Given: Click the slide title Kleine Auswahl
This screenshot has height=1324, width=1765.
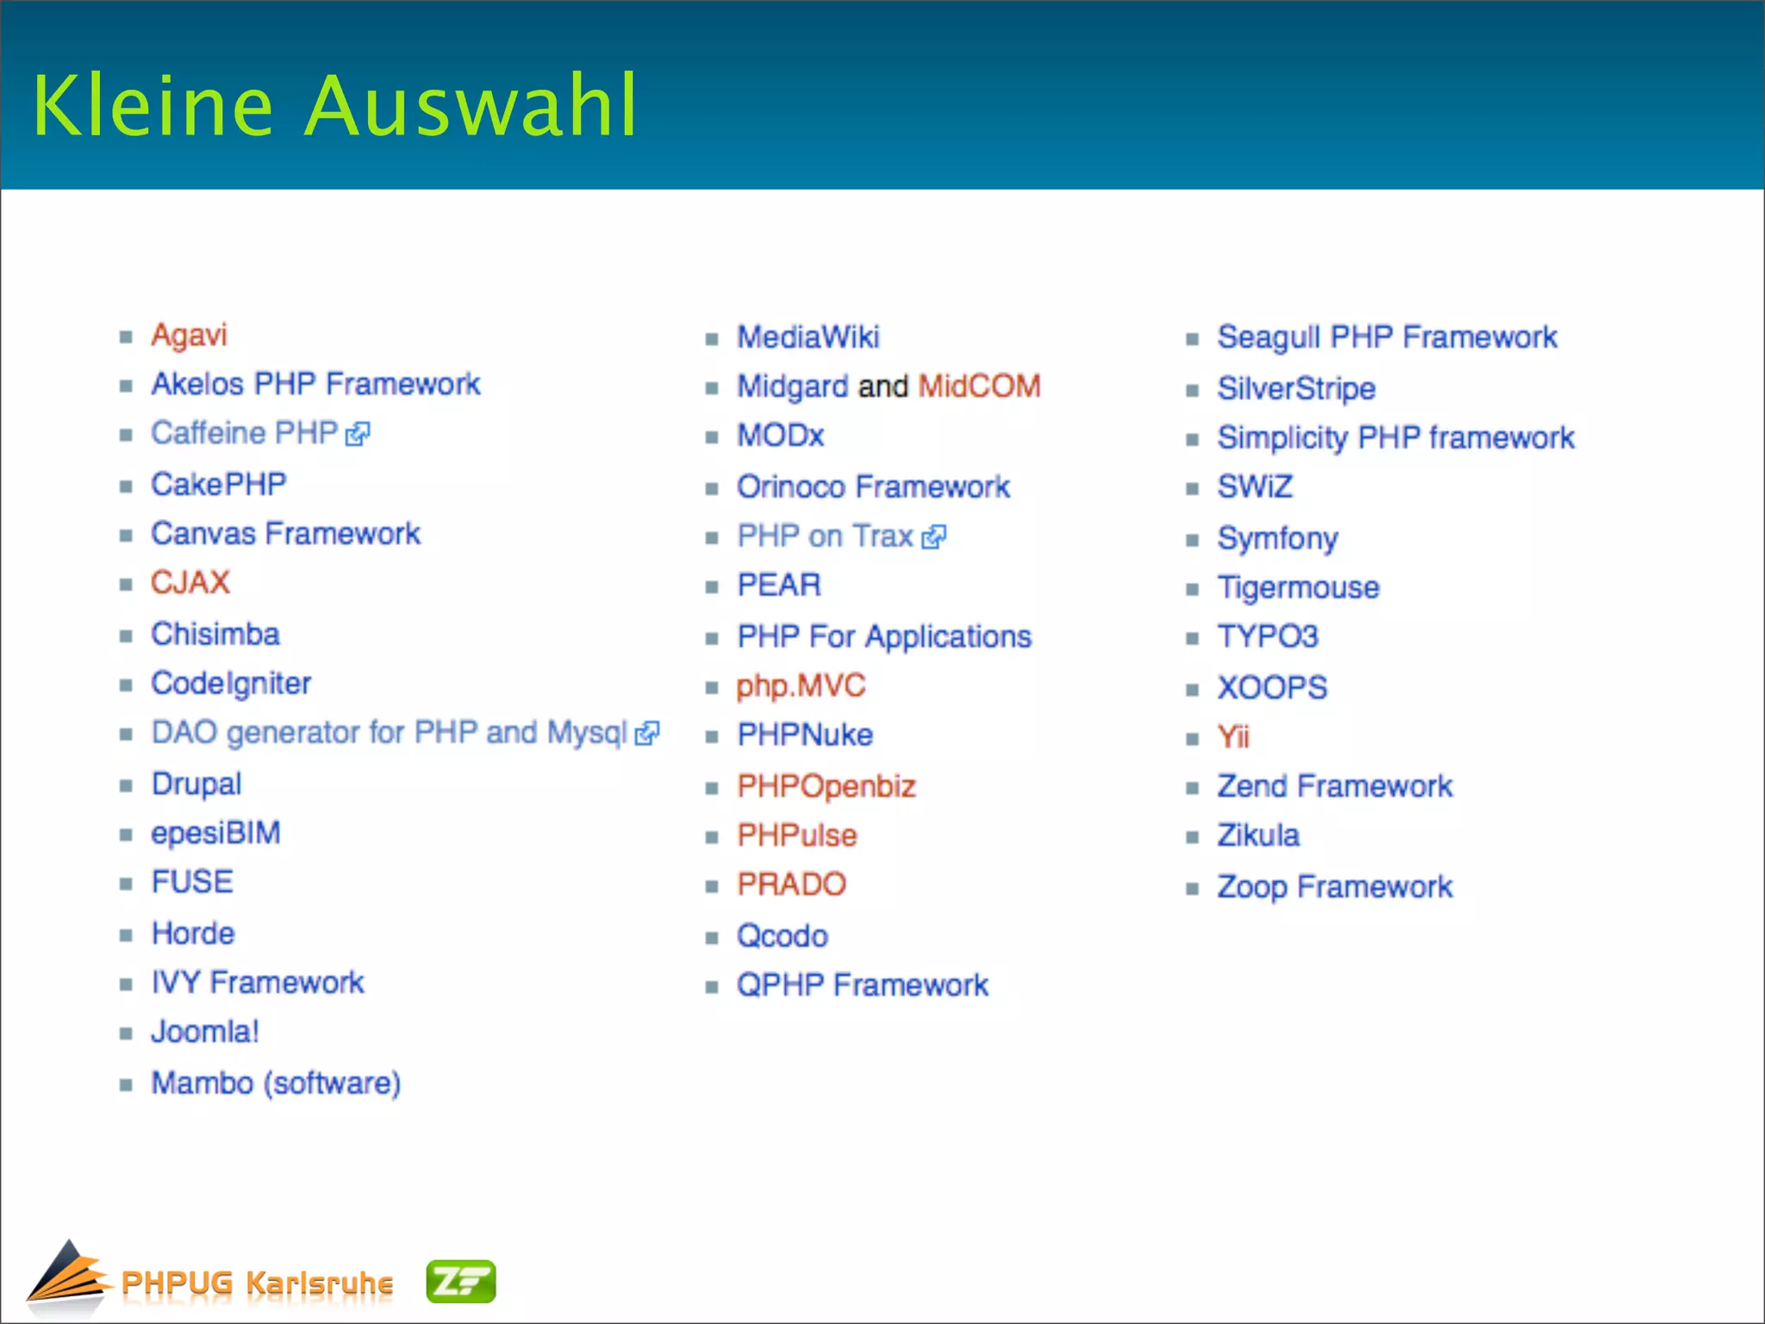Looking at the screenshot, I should tap(334, 106).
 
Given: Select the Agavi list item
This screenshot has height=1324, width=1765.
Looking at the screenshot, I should tap(189, 334).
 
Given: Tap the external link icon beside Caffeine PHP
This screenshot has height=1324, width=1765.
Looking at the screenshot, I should tap(358, 434).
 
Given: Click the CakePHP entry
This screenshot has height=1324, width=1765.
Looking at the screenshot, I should tap(219, 484).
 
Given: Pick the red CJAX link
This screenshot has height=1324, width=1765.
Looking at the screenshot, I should tap(190, 583).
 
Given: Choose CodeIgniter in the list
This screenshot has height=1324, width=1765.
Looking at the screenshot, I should tap(231, 684).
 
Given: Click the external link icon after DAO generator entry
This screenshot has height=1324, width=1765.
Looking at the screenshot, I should tap(646, 734).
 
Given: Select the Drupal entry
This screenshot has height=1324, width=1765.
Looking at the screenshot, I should tap(196, 784).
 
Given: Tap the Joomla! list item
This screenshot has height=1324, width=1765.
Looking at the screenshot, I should tap(205, 1032).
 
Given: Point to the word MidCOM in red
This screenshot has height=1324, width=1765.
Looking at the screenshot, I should tap(979, 386).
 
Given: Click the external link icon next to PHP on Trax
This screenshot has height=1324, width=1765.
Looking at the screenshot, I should tap(933, 538).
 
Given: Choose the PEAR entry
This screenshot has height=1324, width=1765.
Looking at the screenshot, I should tap(779, 585).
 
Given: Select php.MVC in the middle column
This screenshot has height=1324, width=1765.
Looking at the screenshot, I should tap(801, 686).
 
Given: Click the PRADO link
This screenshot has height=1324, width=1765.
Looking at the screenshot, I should tap(791, 884).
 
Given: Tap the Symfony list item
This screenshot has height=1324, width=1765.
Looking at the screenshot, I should tap(1277, 539).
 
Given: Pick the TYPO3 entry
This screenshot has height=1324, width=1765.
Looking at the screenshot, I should tap(1268, 637).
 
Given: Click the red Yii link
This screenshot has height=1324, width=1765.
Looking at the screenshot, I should tap(1233, 737).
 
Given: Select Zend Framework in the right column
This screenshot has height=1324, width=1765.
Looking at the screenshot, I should tap(1334, 786).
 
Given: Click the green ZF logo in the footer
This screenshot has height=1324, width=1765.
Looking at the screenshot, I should tap(461, 1282).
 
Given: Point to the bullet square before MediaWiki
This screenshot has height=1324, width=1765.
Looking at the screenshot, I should tap(712, 339).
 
